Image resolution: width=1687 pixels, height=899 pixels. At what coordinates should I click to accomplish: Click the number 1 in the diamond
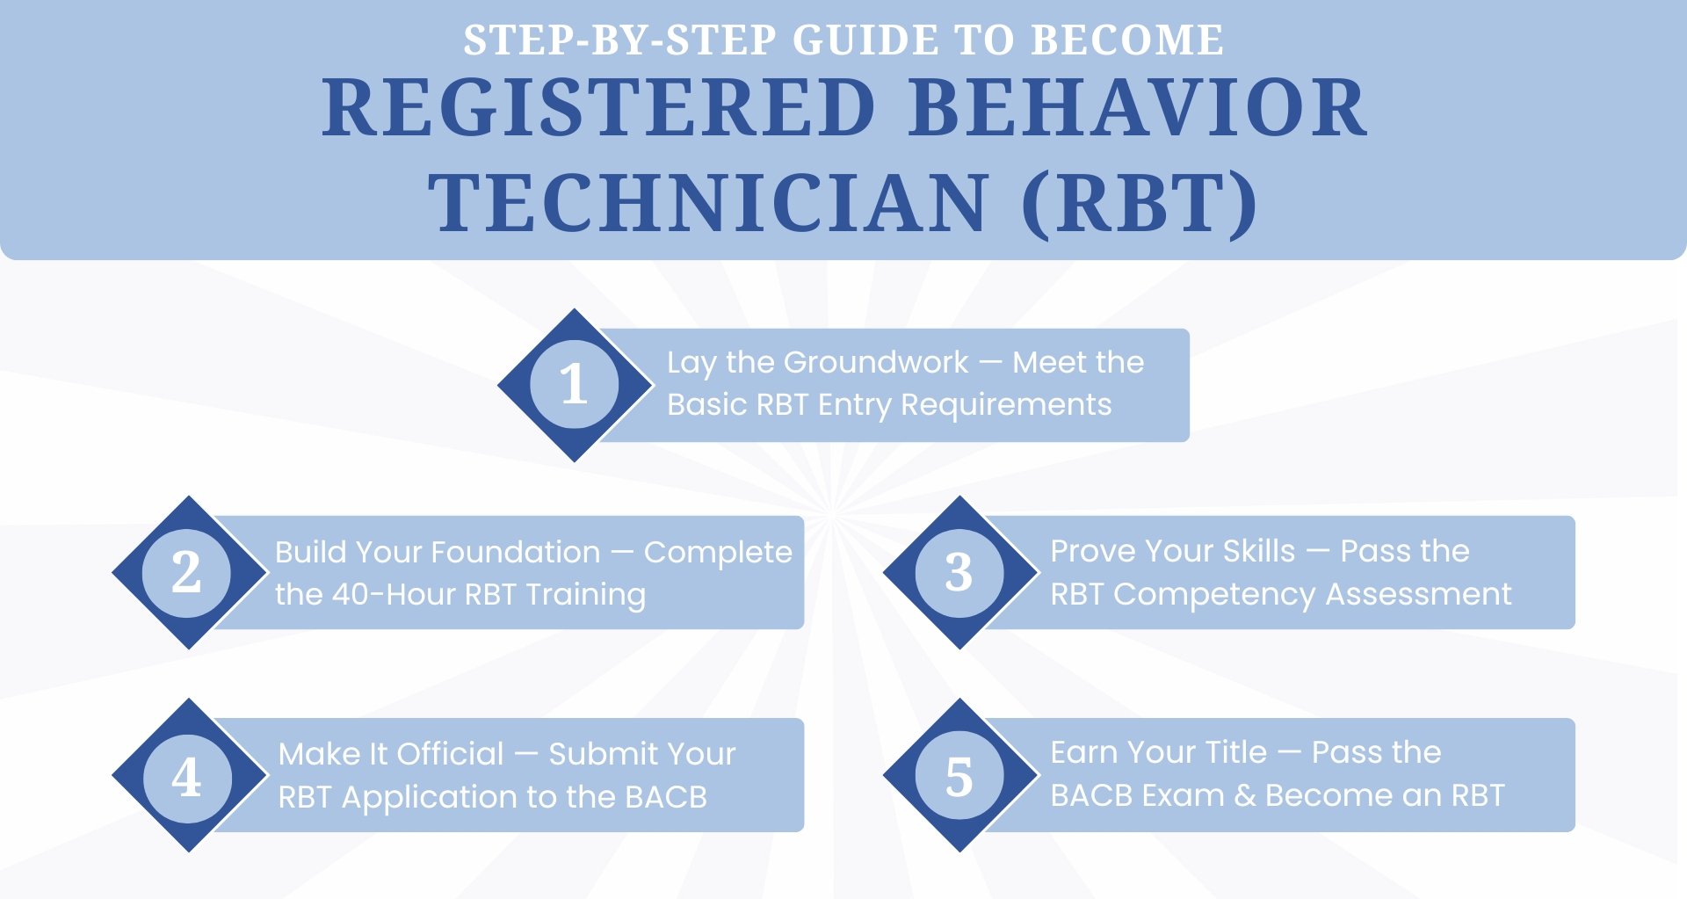(x=574, y=385)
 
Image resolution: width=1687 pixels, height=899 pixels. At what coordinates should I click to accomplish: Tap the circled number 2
(x=186, y=573)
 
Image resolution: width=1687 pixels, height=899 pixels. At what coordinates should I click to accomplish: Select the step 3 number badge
(x=959, y=573)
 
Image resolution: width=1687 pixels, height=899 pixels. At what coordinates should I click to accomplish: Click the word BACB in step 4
(x=665, y=797)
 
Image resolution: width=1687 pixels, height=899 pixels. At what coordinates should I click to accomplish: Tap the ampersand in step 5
(x=1244, y=796)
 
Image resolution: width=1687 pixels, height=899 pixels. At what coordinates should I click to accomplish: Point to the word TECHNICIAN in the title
(x=708, y=204)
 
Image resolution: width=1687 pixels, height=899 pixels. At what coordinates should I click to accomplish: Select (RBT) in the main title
(x=1140, y=204)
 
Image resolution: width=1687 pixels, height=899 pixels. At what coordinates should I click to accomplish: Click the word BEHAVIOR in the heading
(x=1137, y=109)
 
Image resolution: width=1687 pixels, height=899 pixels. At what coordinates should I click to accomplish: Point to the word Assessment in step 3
(x=1418, y=595)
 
